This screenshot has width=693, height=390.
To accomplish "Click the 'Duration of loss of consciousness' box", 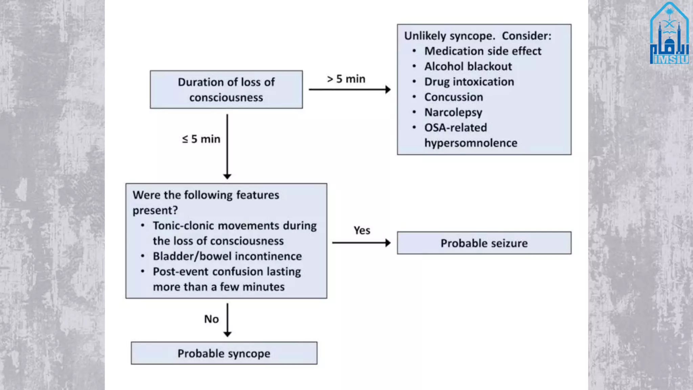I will coord(226,90).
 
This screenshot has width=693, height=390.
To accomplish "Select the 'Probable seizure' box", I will coord(484,243).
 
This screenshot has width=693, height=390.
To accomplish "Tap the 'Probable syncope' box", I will coord(224,353).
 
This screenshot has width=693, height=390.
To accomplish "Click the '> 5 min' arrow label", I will coord(346,79).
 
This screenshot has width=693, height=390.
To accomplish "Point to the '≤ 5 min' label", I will coord(201,139).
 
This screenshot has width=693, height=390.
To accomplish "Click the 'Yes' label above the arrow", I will coord(362,231).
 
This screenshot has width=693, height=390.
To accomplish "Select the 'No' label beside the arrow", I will coord(211,319).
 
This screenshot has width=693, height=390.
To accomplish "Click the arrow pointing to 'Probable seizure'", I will coord(361,243).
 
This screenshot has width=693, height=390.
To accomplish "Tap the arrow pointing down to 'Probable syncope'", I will coord(227,320).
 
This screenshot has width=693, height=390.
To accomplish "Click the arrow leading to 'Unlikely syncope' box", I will coord(350,89).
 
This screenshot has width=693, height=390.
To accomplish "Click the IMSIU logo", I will coord(669,34).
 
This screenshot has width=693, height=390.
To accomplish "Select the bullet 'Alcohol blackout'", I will coord(468,66).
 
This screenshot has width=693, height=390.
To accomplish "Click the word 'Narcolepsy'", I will coord(453,112).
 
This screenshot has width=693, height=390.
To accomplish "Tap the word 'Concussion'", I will coord(453,97).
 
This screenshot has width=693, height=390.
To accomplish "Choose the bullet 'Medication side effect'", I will coord(483,51).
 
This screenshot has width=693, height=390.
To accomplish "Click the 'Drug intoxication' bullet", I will coord(469,82).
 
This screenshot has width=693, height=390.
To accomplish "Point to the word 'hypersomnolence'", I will coord(471,143).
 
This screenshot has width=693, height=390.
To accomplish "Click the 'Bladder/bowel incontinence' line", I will coord(227,256).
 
